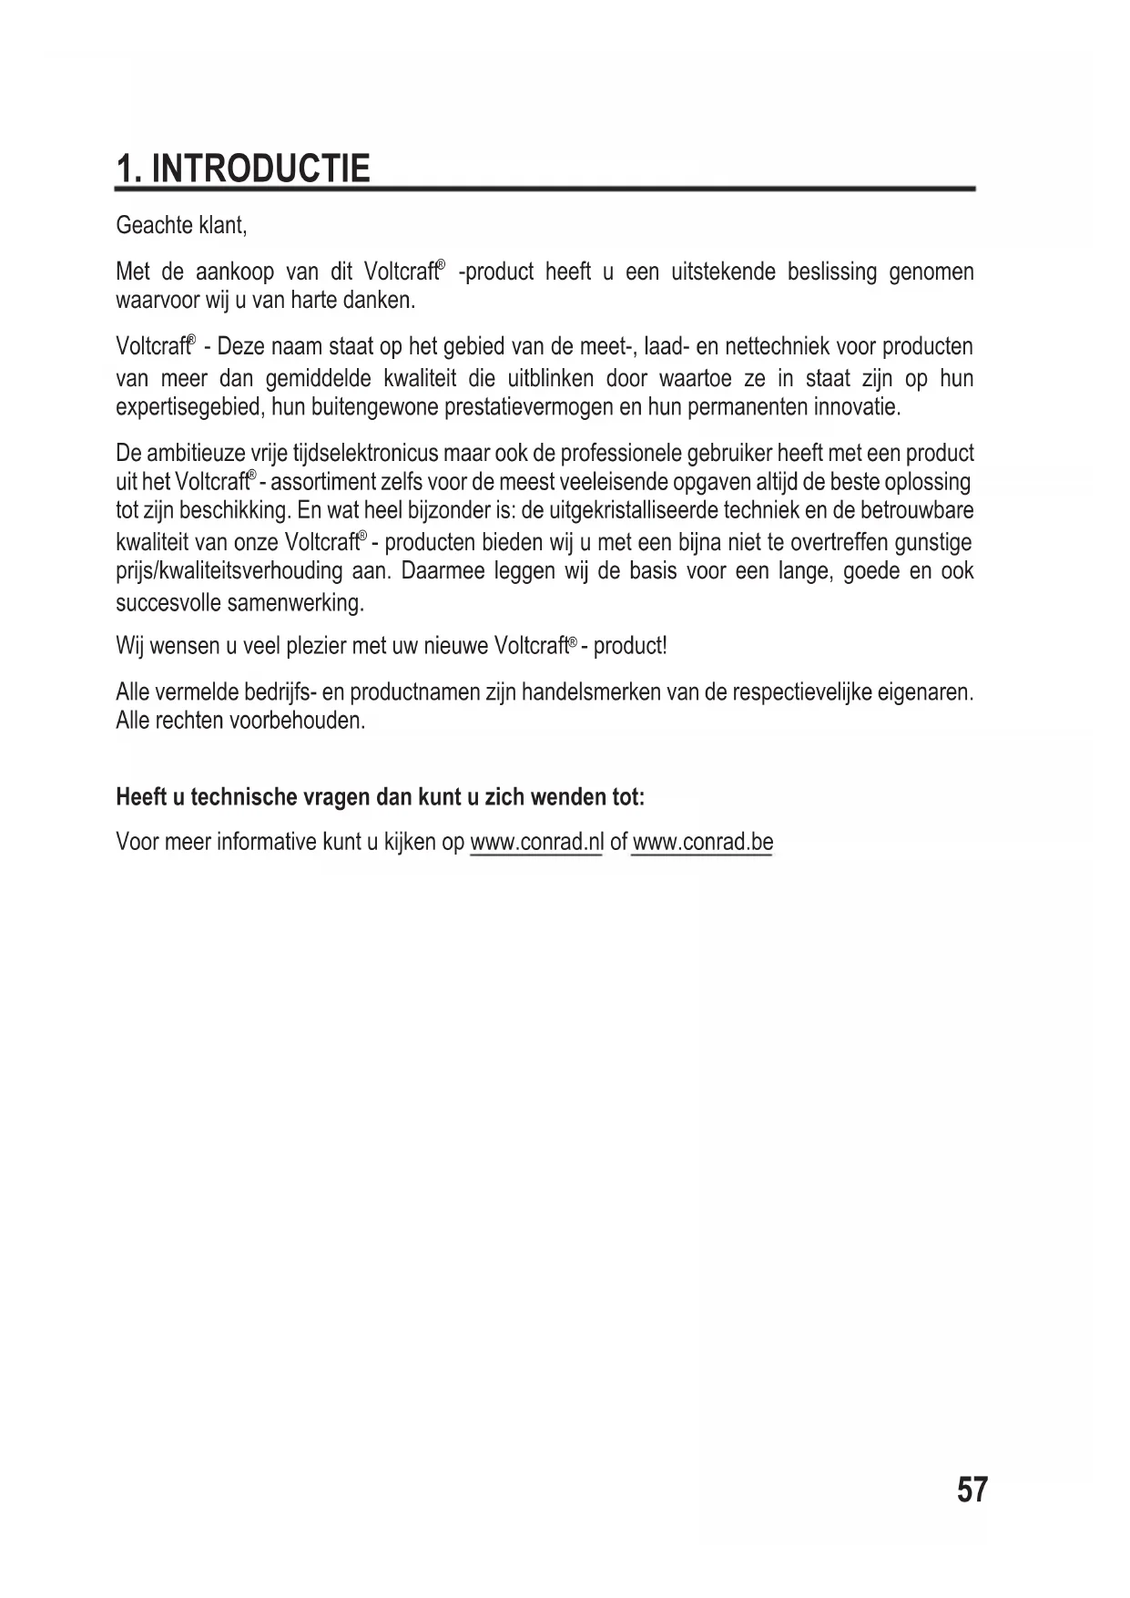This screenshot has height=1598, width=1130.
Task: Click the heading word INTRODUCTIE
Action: (260, 169)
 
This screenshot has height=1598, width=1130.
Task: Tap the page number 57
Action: (972, 1491)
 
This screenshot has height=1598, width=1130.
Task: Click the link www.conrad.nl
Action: (536, 842)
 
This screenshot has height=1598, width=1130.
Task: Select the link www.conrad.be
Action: (702, 842)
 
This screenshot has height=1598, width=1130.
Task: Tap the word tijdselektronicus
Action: (364, 454)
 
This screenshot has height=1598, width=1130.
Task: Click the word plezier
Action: (317, 647)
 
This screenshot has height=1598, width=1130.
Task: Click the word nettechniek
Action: (776, 347)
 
